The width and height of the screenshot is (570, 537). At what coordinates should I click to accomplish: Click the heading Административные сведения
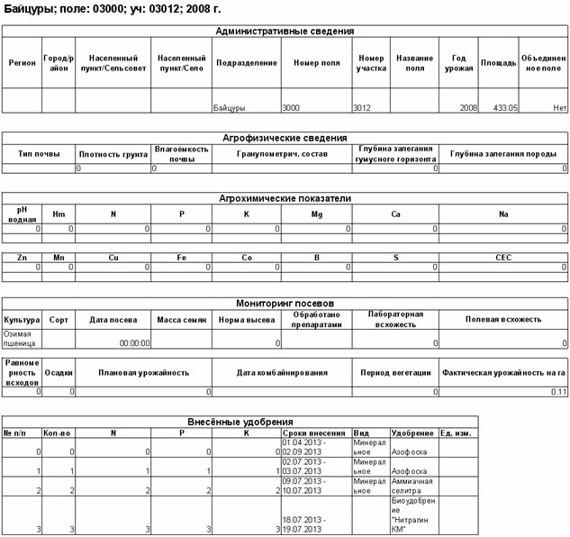[285, 31]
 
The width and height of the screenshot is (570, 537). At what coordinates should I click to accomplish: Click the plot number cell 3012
[364, 107]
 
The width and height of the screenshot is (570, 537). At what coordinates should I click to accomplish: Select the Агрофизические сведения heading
[285, 138]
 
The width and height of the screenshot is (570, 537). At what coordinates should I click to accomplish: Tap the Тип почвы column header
[38, 153]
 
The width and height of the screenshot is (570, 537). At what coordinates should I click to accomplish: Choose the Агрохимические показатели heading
[285, 197]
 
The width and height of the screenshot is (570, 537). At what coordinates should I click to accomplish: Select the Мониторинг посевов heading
[285, 303]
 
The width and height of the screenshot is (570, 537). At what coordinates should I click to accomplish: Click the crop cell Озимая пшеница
[22, 338]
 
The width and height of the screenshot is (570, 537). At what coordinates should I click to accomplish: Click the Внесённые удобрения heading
[239, 421]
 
